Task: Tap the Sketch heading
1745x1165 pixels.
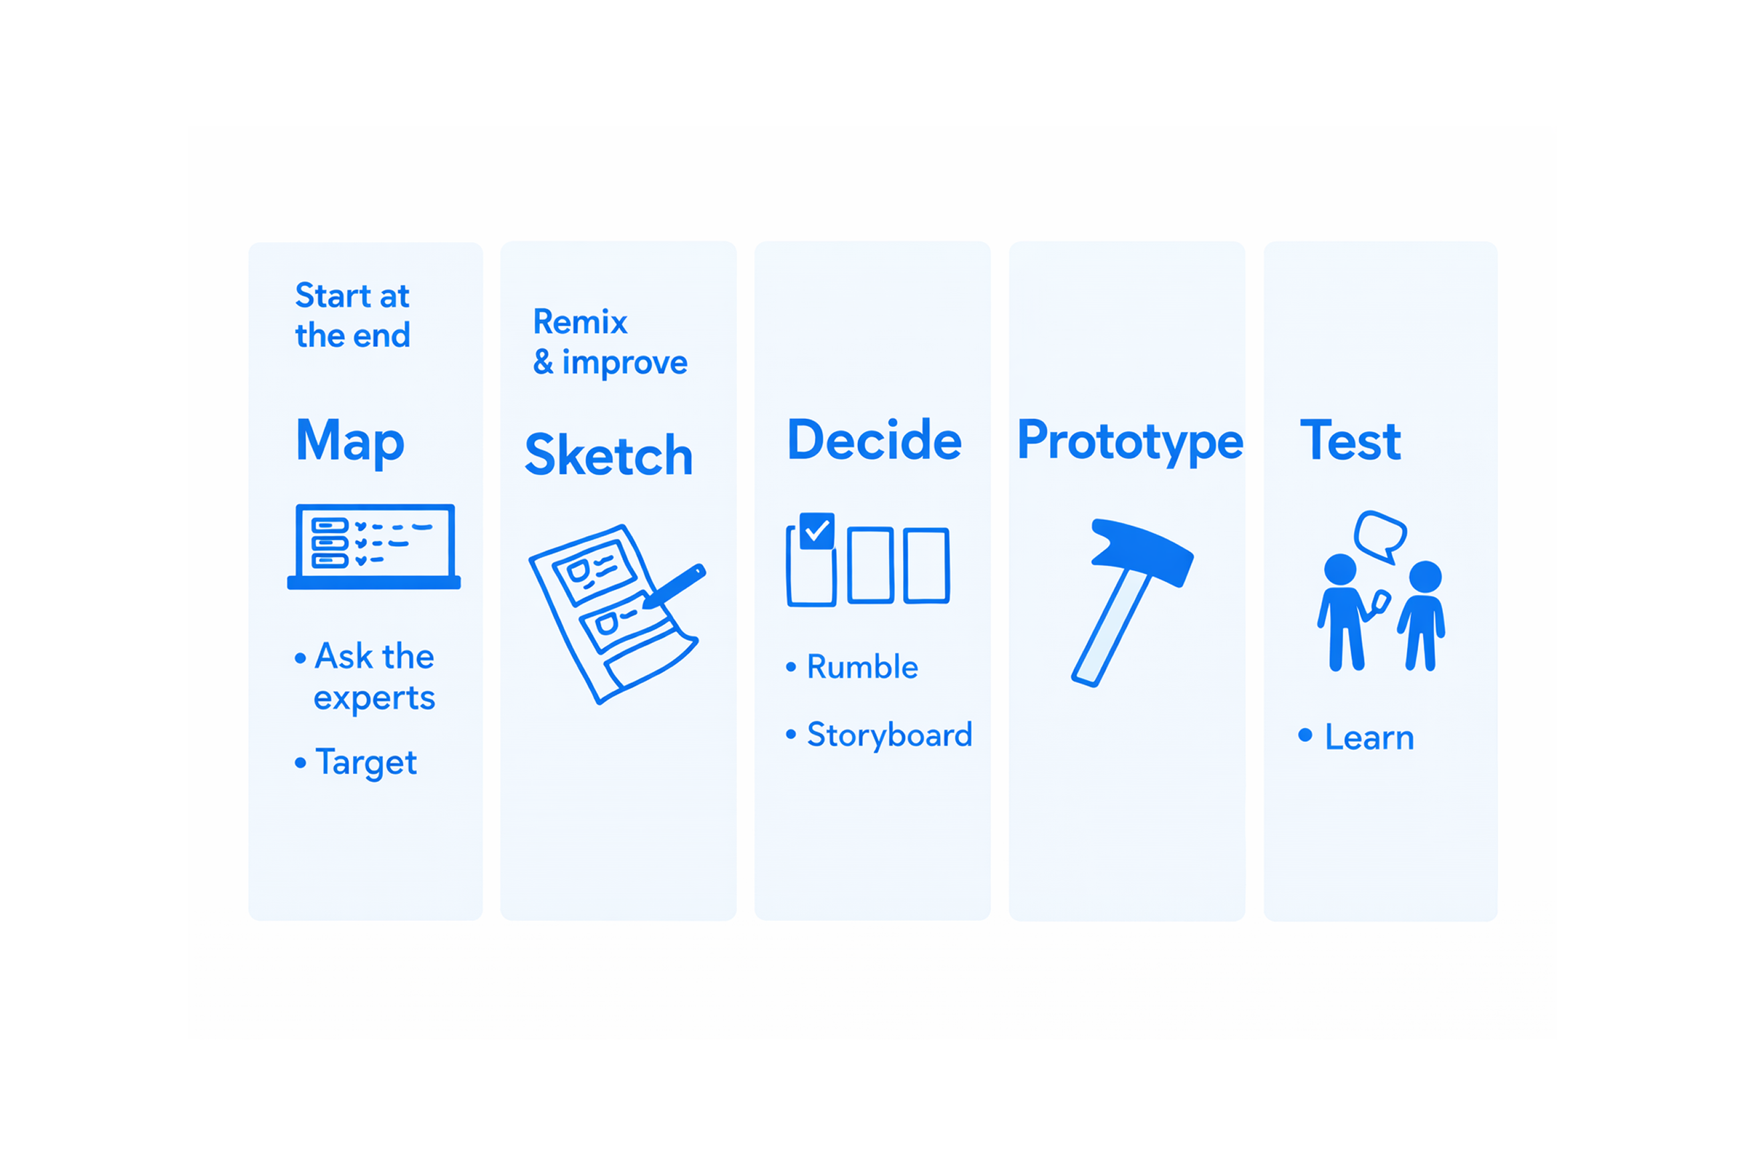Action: tap(608, 455)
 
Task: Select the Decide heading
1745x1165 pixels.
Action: tap(874, 440)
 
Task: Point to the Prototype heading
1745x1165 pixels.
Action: tap(1130, 441)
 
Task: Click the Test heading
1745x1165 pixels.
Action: tap(1351, 440)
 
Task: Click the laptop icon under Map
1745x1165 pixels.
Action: tap(374, 547)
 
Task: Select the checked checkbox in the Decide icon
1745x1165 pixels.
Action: tap(817, 531)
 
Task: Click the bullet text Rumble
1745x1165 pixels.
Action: tap(862, 666)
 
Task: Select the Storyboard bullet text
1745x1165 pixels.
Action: tap(890, 735)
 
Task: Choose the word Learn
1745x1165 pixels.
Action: tap(1369, 738)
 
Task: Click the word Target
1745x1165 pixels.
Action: tap(366, 763)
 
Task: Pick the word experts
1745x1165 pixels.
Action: tap(374, 698)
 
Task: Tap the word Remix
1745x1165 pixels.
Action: tap(580, 321)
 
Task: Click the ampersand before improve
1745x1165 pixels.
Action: tap(543, 362)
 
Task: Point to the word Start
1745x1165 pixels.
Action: tap(333, 295)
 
